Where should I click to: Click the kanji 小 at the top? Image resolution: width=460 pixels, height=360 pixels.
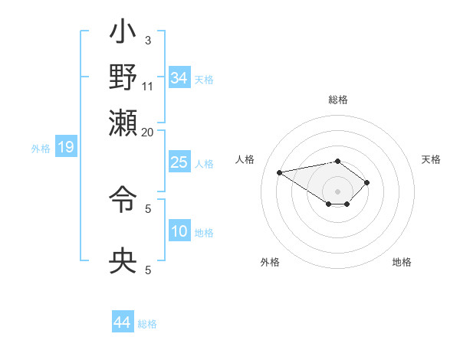[x=123, y=34]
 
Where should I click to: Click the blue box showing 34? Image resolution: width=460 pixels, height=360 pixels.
[x=179, y=78]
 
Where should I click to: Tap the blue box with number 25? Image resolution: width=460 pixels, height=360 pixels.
[x=179, y=162]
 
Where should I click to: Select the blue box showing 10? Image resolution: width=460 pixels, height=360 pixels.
[x=179, y=231]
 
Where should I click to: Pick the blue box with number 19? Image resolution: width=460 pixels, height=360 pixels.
[x=66, y=147]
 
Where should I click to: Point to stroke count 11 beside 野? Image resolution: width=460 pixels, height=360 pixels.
[x=148, y=86]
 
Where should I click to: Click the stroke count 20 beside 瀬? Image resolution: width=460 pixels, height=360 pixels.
[x=148, y=131]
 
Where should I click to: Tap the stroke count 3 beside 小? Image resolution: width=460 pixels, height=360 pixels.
[x=148, y=40]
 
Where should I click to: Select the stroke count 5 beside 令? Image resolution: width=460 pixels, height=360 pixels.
[x=148, y=208]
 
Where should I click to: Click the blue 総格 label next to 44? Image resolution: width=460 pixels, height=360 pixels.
[x=147, y=324]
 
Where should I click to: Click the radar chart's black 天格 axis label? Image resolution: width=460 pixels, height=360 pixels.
[x=431, y=159]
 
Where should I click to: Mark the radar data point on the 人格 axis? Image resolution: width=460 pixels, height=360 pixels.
[x=280, y=172]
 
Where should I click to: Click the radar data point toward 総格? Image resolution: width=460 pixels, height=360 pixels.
[x=337, y=161]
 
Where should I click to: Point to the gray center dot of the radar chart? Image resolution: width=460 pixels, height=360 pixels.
[x=337, y=191]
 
